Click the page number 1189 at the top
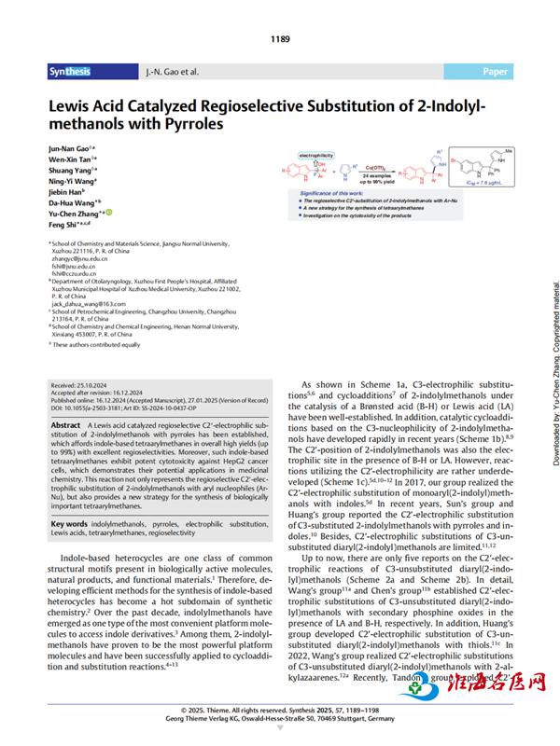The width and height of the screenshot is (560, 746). point(280,39)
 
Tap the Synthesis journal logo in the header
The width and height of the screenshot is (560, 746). point(70,71)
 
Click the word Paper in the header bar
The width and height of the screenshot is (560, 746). point(496,71)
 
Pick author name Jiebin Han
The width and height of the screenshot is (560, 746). point(68,190)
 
